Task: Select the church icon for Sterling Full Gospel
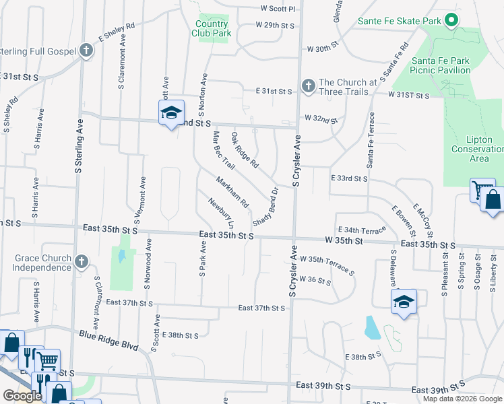86,51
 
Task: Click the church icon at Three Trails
308,86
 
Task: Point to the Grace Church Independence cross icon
82,261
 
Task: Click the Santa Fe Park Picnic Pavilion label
450,65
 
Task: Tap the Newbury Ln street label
221,212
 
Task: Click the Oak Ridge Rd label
245,149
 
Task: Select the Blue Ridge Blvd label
108,340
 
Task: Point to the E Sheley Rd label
117,33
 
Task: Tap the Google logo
22,396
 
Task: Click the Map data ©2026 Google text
462,399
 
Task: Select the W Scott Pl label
278,9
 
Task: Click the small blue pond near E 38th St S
371,327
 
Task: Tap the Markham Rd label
232,192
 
